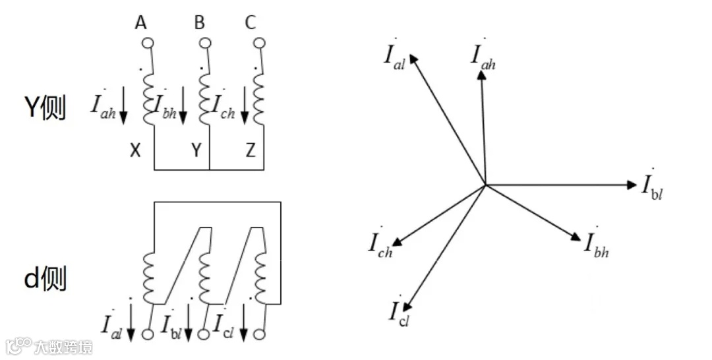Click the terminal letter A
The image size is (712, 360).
[x=140, y=24]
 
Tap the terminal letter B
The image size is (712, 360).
[x=199, y=24]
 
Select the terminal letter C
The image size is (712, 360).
[x=250, y=24]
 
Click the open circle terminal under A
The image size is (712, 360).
[x=148, y=44]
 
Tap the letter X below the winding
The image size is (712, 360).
[x=135, y=151]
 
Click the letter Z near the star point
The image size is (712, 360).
[x=250, y=151]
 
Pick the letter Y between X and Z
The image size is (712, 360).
[x=196, y=151]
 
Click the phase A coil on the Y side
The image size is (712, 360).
[x=149, y=99]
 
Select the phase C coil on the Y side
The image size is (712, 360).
[x=259, y=99]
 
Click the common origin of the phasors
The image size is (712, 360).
[x=485, y=185]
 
